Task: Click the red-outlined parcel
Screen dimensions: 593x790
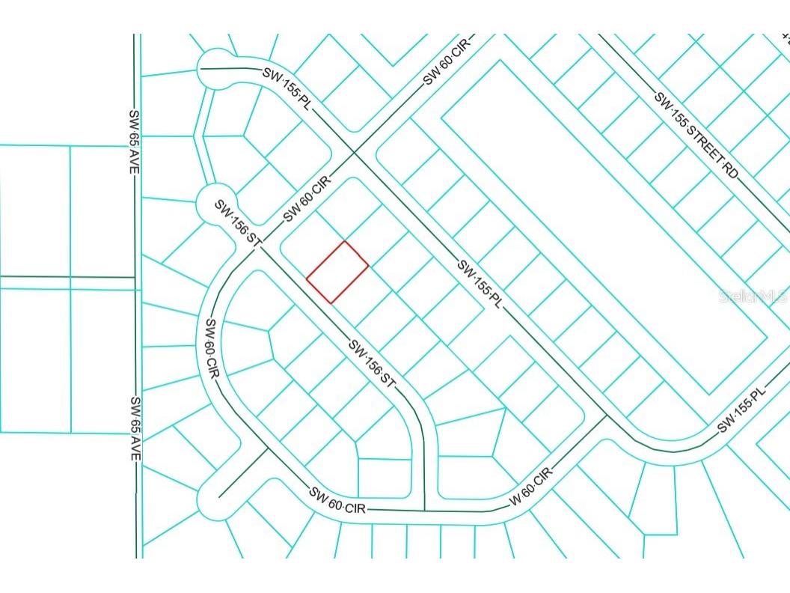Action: (337, 272)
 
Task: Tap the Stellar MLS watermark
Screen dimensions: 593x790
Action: (752, 296)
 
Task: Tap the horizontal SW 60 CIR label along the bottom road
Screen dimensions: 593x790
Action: (337, 499)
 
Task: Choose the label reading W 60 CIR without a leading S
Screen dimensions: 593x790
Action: (532, 487)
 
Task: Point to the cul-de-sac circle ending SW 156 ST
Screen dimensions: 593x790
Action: (214, 202)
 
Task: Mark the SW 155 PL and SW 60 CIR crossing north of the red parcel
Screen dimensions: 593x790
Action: (355, 153)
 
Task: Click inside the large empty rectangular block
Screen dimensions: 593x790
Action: (606, 225)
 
